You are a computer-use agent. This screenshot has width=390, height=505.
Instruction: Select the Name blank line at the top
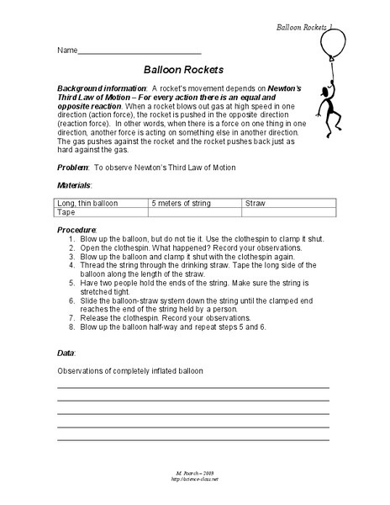(x=139, y=53)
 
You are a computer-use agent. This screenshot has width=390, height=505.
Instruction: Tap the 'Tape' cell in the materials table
(x=66, y=213)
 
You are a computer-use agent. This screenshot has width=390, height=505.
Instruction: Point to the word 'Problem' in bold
(x=74, y=167)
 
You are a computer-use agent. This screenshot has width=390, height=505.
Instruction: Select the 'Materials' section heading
(x=74, y=184)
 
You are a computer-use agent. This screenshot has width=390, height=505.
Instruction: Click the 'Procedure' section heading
(x=76, y=229)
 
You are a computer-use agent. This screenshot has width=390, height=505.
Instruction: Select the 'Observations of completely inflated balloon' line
(x=130, y=370)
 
